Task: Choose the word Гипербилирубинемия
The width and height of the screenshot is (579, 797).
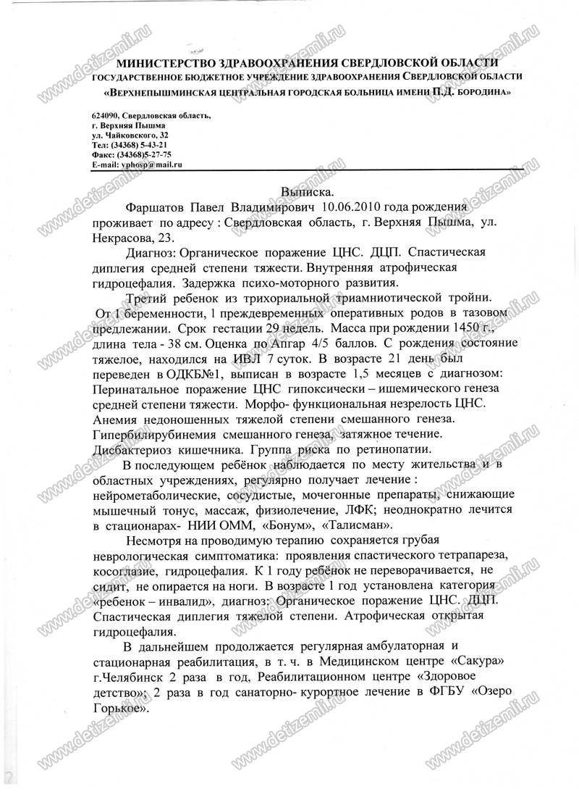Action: coord(153,434)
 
